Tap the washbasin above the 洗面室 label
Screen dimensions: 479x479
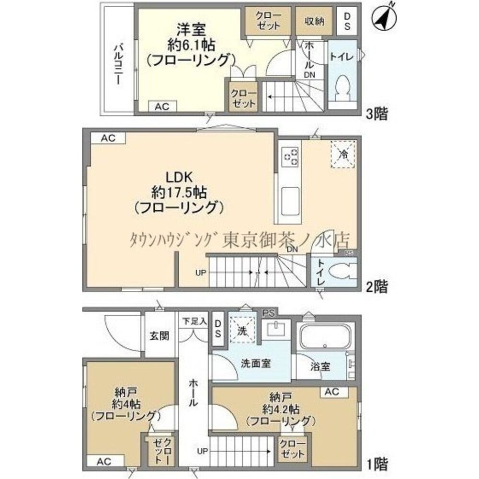(276, 330)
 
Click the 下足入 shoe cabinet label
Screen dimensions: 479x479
(194, 321)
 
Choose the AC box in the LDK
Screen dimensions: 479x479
(108, 138)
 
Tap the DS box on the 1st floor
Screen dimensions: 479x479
(218, 328)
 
